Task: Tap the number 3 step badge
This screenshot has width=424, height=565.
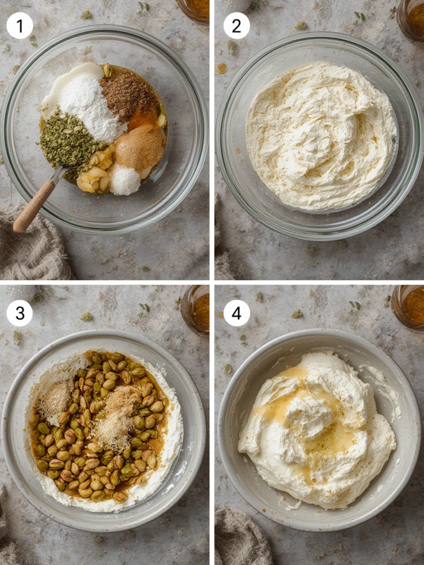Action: click(20, 314)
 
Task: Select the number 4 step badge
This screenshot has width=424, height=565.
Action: click(236, 314)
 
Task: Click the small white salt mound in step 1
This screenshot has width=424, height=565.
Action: click(124, 179)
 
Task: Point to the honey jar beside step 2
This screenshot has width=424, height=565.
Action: click(411, 21)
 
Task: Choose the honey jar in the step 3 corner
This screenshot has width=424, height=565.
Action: click(195, 310)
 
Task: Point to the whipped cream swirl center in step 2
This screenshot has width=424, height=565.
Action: click(317, 141)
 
